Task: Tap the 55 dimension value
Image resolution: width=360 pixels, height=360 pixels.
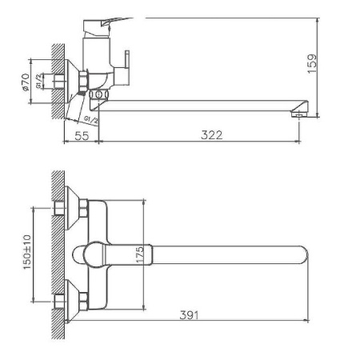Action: click(80, 135)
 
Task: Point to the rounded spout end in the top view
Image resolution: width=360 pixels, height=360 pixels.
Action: click(302, 256)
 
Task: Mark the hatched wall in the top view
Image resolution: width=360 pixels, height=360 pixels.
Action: click(54, 256)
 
